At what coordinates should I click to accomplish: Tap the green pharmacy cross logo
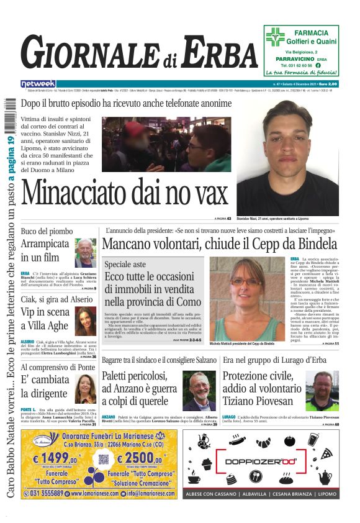275,37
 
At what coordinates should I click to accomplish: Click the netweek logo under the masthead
38,83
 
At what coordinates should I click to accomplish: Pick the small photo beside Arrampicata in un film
85,253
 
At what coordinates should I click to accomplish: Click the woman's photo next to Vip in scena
86,321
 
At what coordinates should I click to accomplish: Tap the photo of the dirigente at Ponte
85,389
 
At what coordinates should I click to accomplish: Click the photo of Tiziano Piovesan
323,391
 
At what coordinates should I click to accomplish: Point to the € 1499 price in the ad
56,458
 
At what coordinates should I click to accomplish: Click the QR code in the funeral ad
104,460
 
